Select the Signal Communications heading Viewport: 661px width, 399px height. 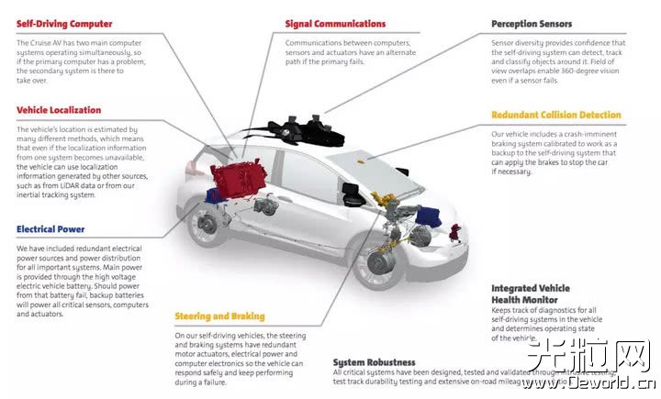click(335, 24)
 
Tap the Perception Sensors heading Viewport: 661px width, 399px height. click(532, 24)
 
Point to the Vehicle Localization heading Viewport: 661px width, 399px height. click(59, 110)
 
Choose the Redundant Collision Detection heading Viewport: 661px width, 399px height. click(556, 116)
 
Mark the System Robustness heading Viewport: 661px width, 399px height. click(374, 362)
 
